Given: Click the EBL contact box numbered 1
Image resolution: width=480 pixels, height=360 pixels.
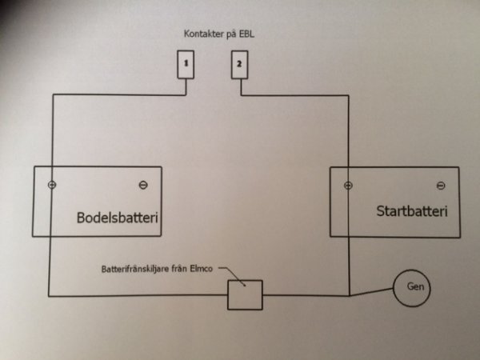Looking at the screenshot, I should (x=185, y=64).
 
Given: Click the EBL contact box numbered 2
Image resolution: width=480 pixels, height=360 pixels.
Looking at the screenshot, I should (x=240, y=64).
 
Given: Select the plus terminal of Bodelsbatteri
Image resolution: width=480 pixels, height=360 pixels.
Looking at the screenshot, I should (x=53, y=186).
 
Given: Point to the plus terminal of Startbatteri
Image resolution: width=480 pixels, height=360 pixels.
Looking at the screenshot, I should (x=348, y=186).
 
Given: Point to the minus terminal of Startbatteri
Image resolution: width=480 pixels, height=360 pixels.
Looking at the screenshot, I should (x=440, y=186).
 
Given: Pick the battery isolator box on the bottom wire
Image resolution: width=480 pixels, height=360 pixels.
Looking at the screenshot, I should (x=246, y=294).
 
